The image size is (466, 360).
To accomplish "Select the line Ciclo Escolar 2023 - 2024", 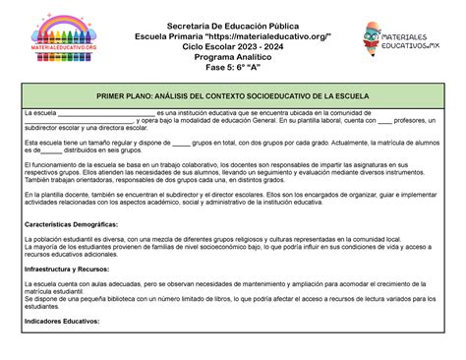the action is (234, 46).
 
